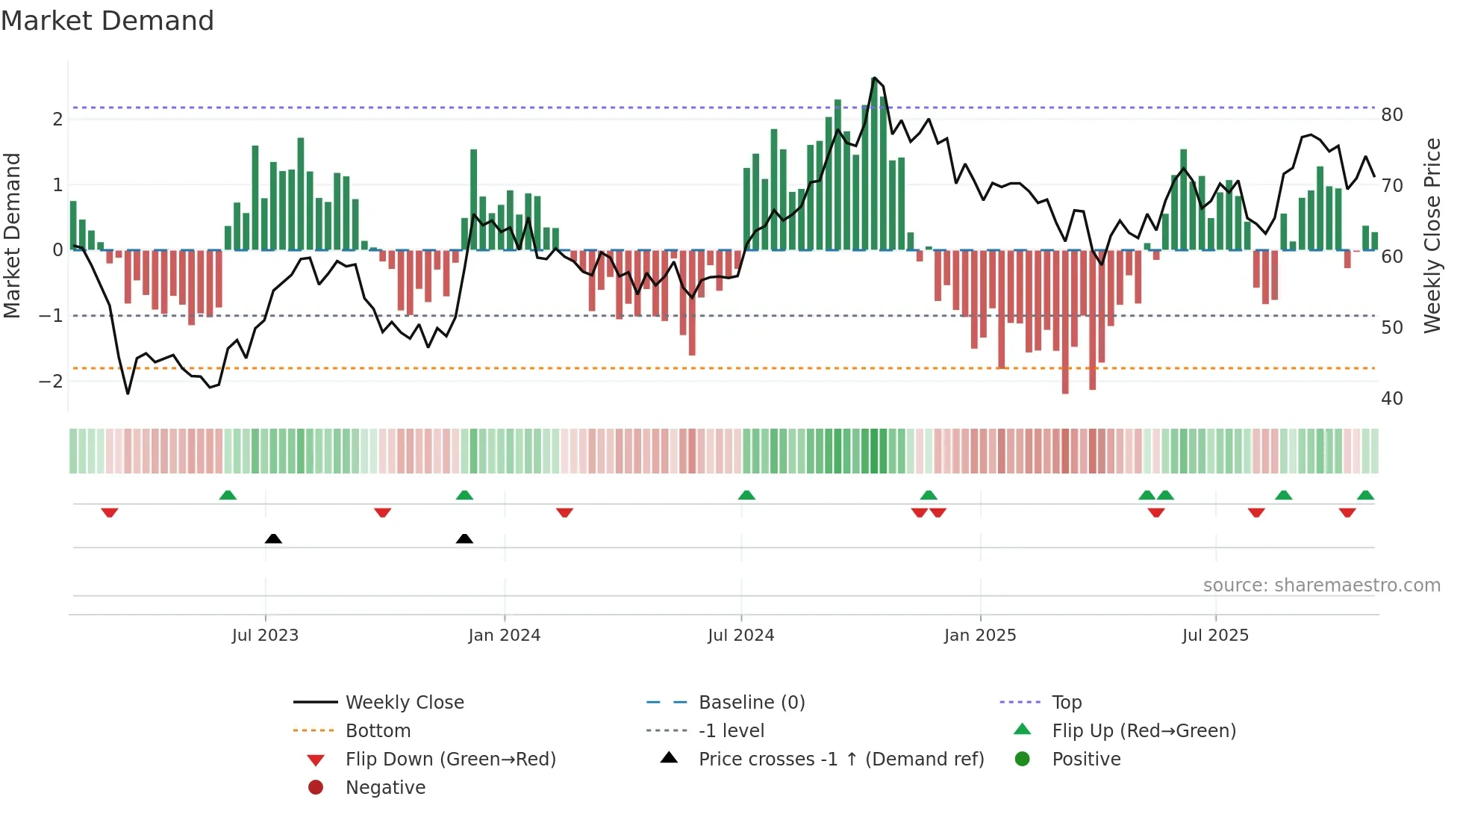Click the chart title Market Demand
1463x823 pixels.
[x=107, y=21]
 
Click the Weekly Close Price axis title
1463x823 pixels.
[x=1432, y=235]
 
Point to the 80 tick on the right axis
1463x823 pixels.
[x=1391, y=115]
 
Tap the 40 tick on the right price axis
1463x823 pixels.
[x=1391, y=398]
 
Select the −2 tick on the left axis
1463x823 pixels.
[x=52, y=381]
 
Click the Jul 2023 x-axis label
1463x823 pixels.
[x=265, y=636]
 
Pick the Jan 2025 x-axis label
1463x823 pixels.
[x=979, y=636]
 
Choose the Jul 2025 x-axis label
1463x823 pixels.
[x=1215, y=636]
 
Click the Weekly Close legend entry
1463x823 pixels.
[x=404, y=702]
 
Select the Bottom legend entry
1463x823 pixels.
[x=378, y=730]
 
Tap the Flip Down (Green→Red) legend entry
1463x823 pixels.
[x=450, y=759]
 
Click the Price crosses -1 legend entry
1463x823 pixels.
[x=840, y=759]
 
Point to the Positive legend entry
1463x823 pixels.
[x=1085, y=759]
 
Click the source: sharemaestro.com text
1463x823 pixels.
[x=1321, y=585]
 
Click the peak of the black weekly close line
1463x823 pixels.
[x=874, y=78]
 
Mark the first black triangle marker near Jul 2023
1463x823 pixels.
[x=273, y=538]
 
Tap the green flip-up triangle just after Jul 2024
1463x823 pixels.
[x=746, y=495]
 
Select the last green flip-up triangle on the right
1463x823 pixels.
[x=1365, y=495]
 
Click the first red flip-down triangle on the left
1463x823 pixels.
[x=110, y=512]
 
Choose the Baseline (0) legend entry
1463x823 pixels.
[x=751, y=702]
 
